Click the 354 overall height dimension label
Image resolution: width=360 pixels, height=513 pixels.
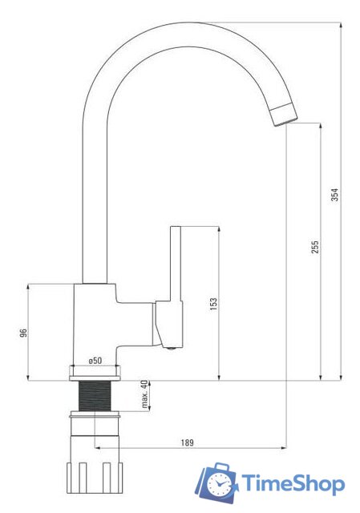(335, 195)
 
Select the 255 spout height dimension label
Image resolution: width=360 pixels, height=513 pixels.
(314, 248)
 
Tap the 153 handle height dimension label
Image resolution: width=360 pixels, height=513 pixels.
(213, 304)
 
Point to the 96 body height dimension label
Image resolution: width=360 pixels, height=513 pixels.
(23, 333)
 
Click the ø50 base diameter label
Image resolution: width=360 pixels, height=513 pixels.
(95, 361)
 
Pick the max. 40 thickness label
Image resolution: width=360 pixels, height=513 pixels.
(144, 394)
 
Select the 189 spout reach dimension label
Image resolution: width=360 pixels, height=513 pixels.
(187, 442)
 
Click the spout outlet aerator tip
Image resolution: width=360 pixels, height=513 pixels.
(284, 114)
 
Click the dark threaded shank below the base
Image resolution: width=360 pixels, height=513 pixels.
(95, 395)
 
